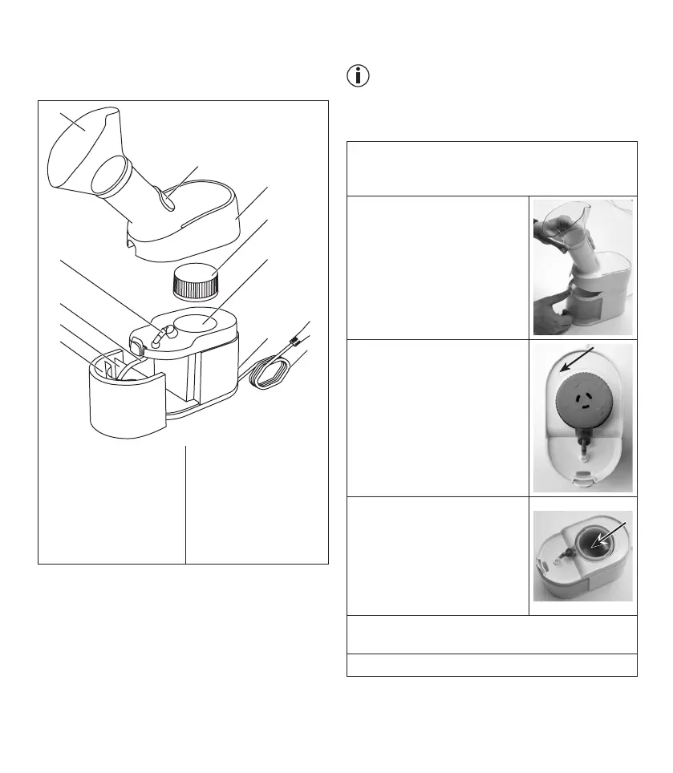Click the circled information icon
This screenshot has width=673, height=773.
pos(357,76)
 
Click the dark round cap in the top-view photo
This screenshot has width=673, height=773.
pos(582,401)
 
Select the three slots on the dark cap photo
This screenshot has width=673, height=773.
pos(583,399)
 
